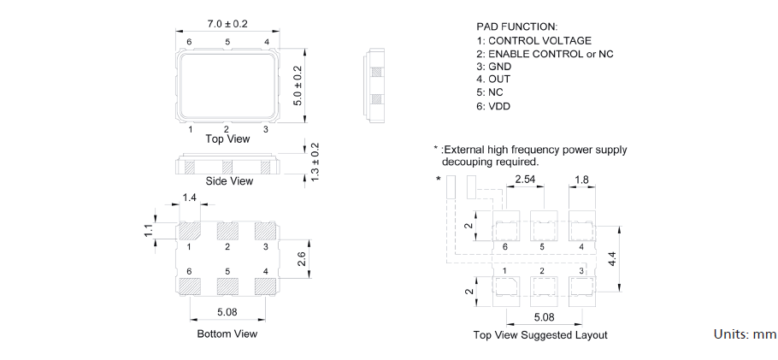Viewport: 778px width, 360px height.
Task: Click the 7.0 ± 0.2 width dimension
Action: point(227,24)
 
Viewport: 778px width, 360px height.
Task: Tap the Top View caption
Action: point(227,139)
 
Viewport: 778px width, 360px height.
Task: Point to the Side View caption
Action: point(229,181)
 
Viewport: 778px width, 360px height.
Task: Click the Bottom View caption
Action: point(227,333)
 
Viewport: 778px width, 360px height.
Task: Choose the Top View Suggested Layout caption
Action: point(540,335)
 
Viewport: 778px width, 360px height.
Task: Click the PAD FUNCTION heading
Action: point(516,27)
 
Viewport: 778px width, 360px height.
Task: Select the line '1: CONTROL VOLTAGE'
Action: point(533,40)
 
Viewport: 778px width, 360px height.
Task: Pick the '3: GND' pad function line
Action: point(493,67)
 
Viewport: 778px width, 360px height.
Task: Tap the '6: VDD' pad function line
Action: point(493,107)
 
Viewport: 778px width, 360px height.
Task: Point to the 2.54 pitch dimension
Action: point(525,180)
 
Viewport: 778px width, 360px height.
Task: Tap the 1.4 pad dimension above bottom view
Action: point(190,198)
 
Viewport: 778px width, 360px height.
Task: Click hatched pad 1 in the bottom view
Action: point(190,230)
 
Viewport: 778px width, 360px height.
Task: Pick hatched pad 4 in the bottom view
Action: point(266,285)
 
